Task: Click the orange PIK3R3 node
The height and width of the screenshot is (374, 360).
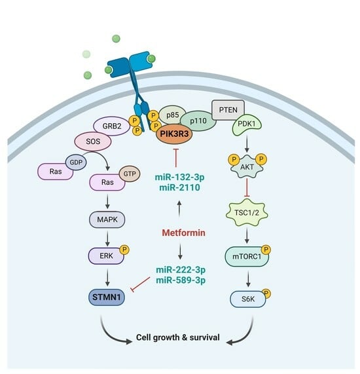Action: [x=174, y=134]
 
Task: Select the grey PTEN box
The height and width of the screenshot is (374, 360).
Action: [x=228, y=110]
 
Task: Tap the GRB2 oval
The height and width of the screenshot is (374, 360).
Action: [x=111, y=126]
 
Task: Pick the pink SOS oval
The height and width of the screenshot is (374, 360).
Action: [x=93, y=141]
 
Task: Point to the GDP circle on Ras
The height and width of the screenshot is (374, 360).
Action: [x=76, y=162]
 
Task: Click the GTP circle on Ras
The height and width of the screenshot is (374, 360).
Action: [x=130, y=174]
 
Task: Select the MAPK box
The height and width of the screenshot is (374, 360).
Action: [x=107, y=219]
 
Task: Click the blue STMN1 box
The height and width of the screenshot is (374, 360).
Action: [x=107, y=297]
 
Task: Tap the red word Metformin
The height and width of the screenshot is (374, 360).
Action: [x=183, y=233]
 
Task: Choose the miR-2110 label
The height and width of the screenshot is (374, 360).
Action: [x=179, y=187]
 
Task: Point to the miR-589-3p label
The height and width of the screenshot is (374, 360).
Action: [x=181, y=280]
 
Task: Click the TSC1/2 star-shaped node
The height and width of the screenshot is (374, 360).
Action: [x=247, y=212]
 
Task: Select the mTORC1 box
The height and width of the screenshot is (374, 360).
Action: [x=247, y=256]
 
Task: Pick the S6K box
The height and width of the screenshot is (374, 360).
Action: [x=248, y=299]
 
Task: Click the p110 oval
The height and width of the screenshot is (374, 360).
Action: [x=198, y=121]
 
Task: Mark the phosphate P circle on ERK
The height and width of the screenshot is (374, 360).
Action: [x=124, y=250]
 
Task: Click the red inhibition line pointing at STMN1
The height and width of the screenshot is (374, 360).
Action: [x=141, y=284]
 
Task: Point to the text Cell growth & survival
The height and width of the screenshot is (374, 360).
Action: [x=178, y=337]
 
